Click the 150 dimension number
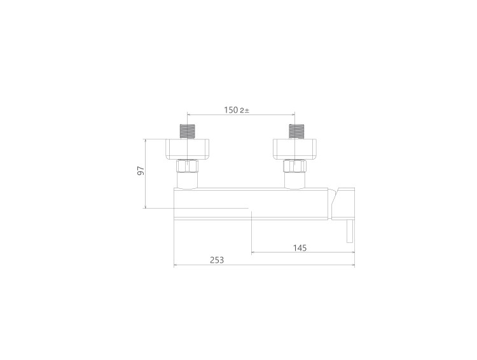[x=232, y=110]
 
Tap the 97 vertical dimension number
[x=141, y=170]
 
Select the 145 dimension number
[x=300, y=248]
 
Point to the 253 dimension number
[x=217, y=260]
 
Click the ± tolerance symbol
[x=246, y=111]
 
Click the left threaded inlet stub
[x=188, y=132]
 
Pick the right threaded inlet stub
[x=295, y=132]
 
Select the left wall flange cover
[x=188, y=149]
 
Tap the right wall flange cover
[x=295, y=149]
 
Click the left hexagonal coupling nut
[x=188, y=166]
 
